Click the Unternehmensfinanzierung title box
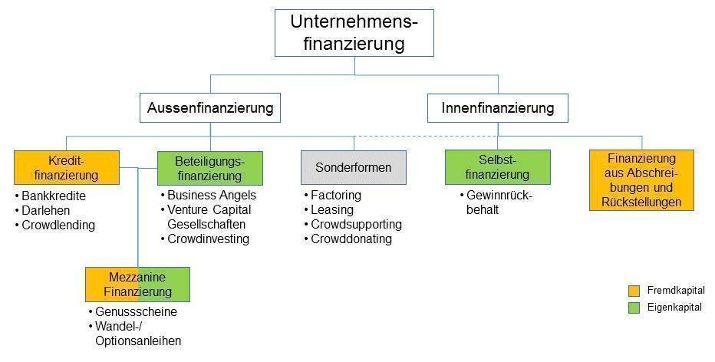(x=354, y=33)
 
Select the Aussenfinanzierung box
(x=209, y=108)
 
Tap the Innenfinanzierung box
(x=497, y=108)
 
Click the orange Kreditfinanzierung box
(x=67, y=168)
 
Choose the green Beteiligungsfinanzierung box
(x=209, y=168)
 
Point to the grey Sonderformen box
(x=354, y=167)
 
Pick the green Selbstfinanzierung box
(x=497, y=167)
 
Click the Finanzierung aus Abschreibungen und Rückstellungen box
(x=641, y=180)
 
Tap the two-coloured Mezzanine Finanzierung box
(x=138, y=285)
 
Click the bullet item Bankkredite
(x=50, y=196)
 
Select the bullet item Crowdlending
(x=54, y=225)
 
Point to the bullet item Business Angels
(x=208, y=195)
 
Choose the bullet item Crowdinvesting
(x=205, y=239)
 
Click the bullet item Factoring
(x=332, y=195)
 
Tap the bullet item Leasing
(x=329, y=209)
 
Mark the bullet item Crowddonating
(x=348, y=239)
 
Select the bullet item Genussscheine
(x=132, y=312)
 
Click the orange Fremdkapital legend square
(x=634, y=291)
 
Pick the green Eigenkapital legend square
(x=634, y=308)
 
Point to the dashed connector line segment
(x=426, y=137)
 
